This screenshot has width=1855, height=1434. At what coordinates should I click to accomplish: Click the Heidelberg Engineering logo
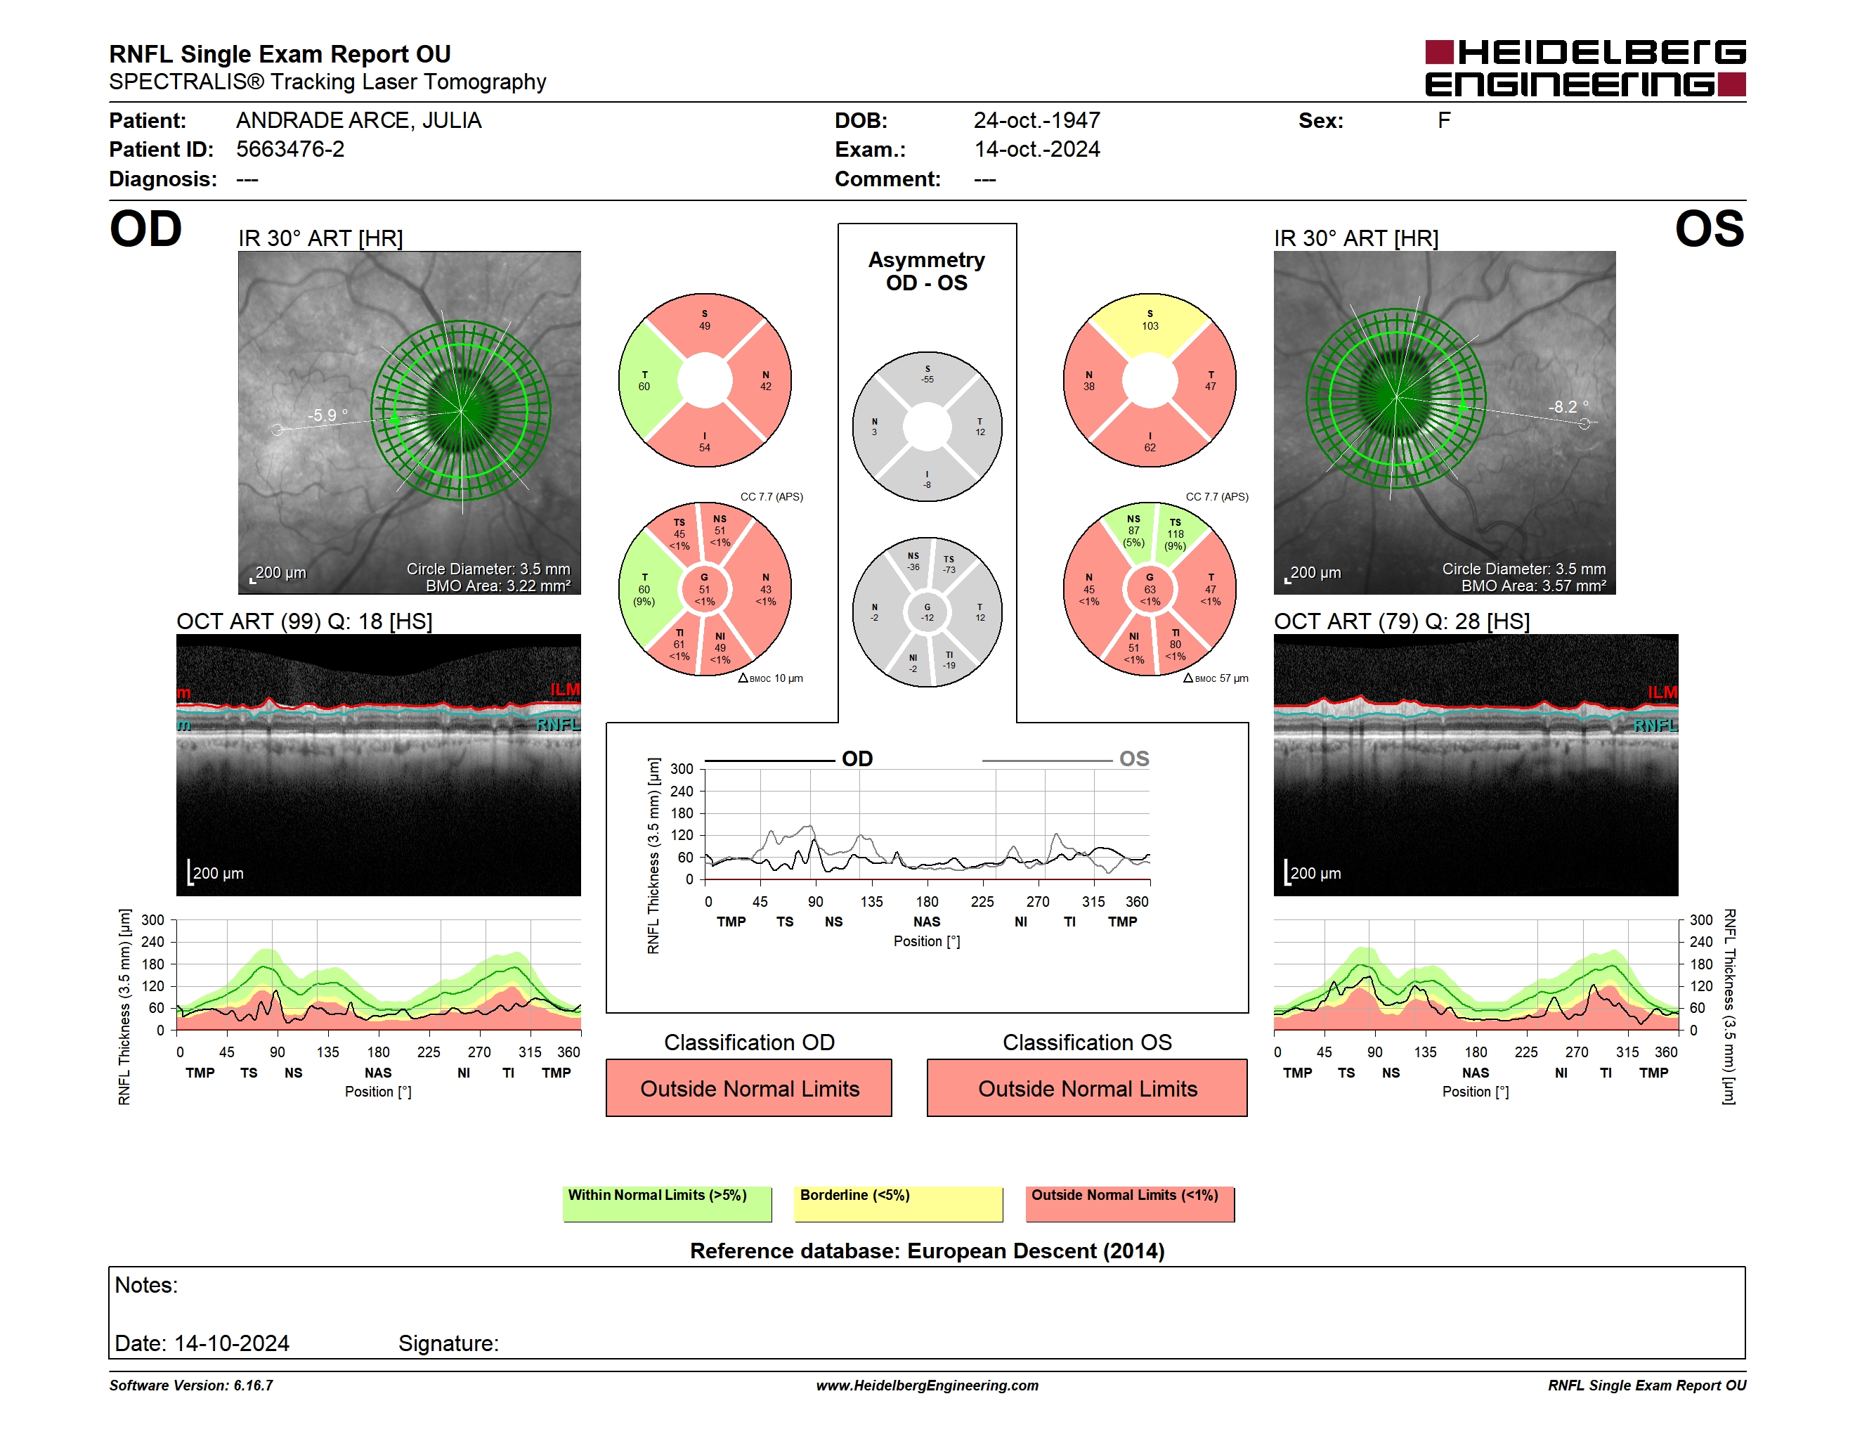click(x=1585, y=68)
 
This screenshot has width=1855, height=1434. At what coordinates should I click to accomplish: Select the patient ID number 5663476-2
click(x=290, y=150)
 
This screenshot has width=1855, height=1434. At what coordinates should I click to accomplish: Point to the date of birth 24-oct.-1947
click(x=1036, y=121)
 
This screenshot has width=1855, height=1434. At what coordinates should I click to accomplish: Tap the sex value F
click(x=1444, y=121)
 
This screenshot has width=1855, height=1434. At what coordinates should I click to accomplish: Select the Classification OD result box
click(x=749, y=1087)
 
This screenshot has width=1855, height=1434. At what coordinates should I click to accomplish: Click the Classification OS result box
click(x=1087, y=1087)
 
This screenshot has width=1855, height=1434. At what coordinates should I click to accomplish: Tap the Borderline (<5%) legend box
click(x=898, y=1203)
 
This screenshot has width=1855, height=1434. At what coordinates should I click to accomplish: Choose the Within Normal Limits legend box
click(x=667, y=1203)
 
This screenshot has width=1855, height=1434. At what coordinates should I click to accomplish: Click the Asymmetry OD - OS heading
click(x=927, y=271)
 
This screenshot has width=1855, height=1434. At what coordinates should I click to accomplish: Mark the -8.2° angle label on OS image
click(x=1568, y=407)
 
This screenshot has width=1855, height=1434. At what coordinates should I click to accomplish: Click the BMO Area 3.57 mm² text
click(x=1533, y=586)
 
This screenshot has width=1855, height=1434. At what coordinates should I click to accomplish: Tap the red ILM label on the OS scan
click(x=1662, y=692)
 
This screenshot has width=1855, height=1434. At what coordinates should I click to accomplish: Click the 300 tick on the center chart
click(x=682, y=769)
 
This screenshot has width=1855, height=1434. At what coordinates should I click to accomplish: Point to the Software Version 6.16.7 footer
click(x=191, y=1385)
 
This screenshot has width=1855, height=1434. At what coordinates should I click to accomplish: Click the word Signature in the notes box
click(x=448, y=1343)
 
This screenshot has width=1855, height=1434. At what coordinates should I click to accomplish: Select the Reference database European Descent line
click(x=927, y=1251)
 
